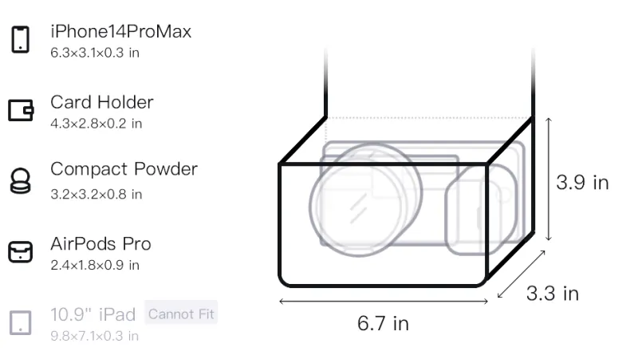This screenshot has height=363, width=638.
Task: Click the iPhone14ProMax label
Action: pyautogui.click(x=121, y=31)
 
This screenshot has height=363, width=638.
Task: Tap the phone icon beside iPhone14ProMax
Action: pyautogui.click(x=21, y=39)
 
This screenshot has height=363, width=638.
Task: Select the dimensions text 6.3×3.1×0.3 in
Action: pyautogui.click(x=95, y=53)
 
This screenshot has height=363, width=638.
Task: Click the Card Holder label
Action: pyautogui.click(x=102, y=102)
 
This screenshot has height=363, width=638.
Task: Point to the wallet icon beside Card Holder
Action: pyautogui.click(x=21, y=110)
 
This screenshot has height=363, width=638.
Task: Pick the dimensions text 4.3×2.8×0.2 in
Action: pyautogui.click(x=96, y=124)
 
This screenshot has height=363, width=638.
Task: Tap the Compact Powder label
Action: pyautogui.click(x=124, y=169)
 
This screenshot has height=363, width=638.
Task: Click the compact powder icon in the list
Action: pyautogui.click(x=21, y=180)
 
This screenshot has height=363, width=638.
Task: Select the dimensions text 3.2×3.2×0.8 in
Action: pyautogui.click(x=96, y=195)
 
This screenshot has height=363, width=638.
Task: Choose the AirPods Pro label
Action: pyautogui.click(x=100, y=244)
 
